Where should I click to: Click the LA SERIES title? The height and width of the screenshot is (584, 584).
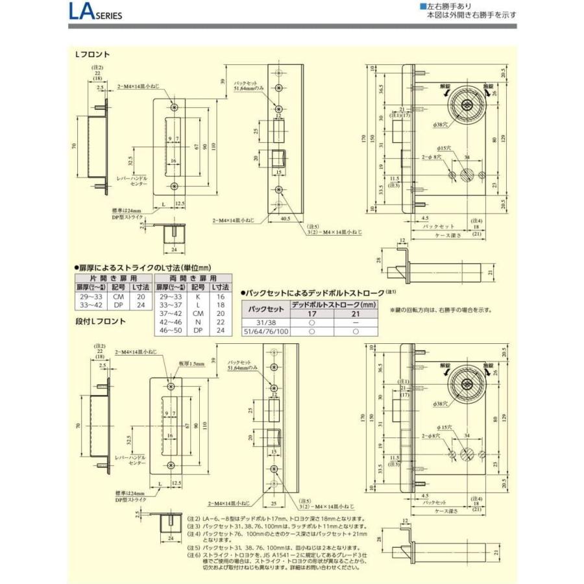[94, 13]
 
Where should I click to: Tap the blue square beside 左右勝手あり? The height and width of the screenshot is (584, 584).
[422, 6]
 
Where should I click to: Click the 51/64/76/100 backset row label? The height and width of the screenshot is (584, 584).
[265, 330]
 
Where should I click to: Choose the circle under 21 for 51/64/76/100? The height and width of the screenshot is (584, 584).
[355, 330]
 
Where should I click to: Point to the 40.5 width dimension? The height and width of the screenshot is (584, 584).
[286, 219]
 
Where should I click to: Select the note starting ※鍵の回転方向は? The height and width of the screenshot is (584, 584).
[441, 310]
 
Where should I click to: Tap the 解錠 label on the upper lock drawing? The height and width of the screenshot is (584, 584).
[444, 86]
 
